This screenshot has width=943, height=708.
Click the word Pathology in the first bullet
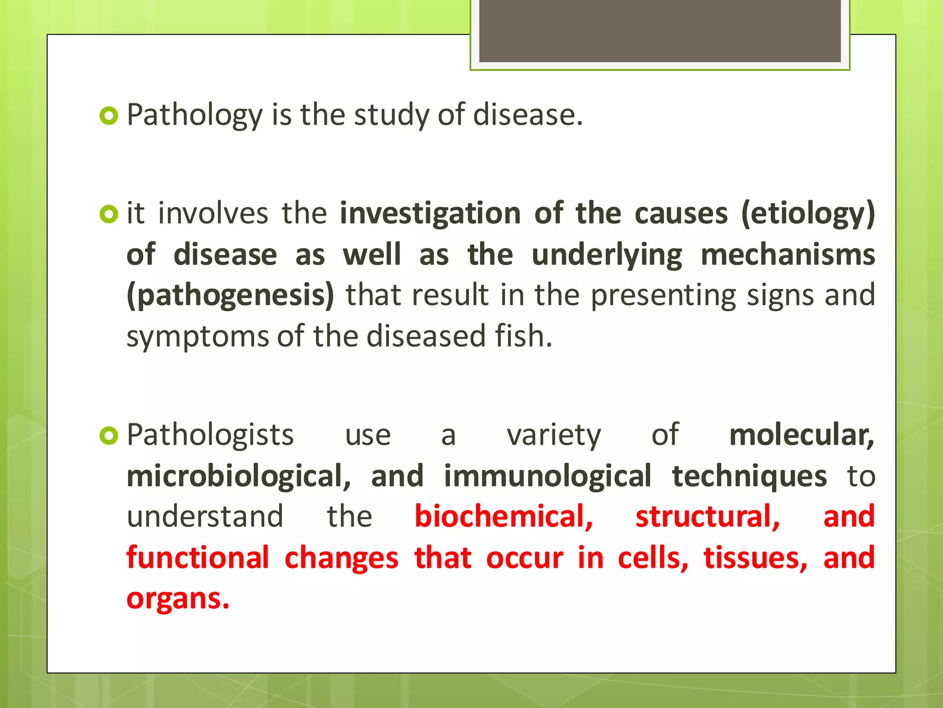pyautogui.click(x=194, y=115)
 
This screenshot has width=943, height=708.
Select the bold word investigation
pyautogui.click(x=430, y=214)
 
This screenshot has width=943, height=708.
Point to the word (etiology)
pyautogui.click(x=808, y=214)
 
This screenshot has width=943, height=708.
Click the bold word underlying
pyautogui.click(x=606, y=255)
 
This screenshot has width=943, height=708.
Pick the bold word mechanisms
pyautogui.click(x=787, y=254)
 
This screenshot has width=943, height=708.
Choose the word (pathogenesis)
pyautogui.click(x=230, y=296)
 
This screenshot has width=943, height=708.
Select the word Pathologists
pyautogui.click(x=210, y=435)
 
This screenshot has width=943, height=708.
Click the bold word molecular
pyautogui.click(x=801, y=435)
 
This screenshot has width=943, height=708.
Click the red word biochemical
pyautogui.click(x=503, y=516)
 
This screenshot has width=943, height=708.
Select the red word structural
pyautogui.click(x=707, y=516)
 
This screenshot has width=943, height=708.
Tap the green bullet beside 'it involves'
pyautogui.click(x=109, y=214)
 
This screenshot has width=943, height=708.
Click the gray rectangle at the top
pyautogui.click(x=659, y=30)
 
